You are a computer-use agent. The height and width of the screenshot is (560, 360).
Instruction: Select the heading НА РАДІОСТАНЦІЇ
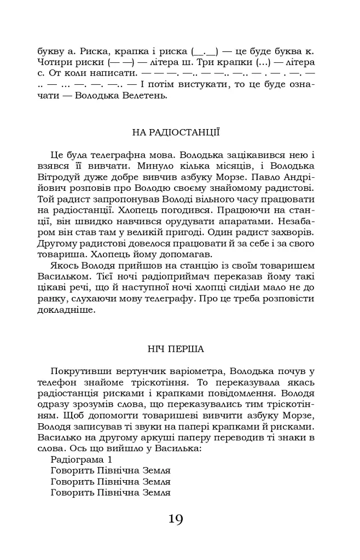[176, 132]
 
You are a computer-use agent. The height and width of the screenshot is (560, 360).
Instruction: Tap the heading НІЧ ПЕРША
[176, 348]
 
